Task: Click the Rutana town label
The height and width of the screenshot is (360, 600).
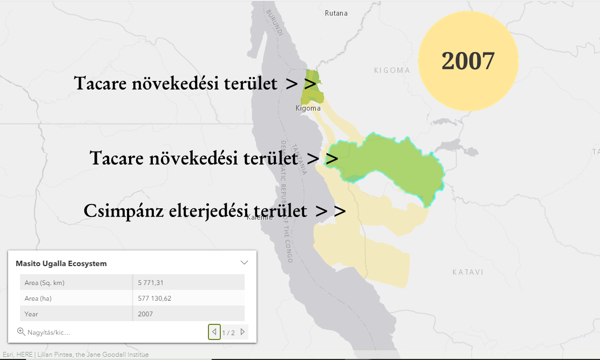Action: point(336,13)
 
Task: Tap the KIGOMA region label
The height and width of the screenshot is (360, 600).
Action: point(392,70)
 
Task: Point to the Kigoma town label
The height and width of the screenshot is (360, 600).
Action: point(308,108)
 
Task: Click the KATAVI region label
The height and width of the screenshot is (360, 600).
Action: point(468,272)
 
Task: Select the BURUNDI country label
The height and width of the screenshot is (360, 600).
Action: point(275,23)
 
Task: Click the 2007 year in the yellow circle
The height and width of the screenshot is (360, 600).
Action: point(468,61)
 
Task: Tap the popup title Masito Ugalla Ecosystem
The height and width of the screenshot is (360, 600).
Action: point(61,263)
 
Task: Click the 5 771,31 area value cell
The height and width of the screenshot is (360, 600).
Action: point(151,283)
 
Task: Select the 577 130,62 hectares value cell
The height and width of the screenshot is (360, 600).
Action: point(154,298)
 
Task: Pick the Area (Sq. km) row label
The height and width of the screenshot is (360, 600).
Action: point(44,283)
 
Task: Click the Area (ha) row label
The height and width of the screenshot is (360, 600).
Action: point(38,298)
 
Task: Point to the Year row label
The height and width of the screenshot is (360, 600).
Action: point(31,314)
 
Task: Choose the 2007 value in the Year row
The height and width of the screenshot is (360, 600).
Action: point(145,314)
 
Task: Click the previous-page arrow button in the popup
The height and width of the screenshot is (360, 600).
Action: point(214,332)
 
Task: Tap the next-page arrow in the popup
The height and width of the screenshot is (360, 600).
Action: point(242,332)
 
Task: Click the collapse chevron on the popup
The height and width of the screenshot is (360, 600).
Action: point(244,262)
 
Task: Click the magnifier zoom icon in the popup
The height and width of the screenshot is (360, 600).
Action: point(21,332)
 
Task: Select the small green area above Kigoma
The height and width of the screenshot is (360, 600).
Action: point(312,87)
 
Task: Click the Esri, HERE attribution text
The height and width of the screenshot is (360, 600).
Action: point(18,355)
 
